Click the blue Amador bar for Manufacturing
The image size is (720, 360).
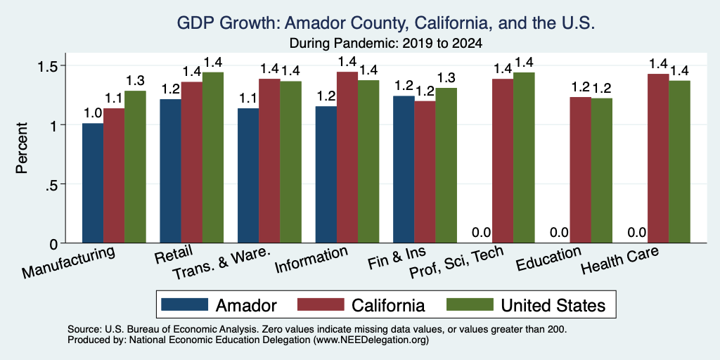pos(93,183)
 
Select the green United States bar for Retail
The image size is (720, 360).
pos(213,157)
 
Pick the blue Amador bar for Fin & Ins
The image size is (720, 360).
pos(404,169)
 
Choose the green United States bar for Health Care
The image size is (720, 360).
pos(680,162)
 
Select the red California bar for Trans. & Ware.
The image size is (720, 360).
pos(269,161)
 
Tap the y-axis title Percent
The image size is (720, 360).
pos(22,148)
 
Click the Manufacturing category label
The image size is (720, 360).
pos(68,262)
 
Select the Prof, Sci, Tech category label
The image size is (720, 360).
pos(457,263)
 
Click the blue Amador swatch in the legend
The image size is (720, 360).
pos(185,304)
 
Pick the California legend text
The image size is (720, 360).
pos(388,305)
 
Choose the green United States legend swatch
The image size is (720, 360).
pos(470,304)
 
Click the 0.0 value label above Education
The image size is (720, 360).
pos(559,232)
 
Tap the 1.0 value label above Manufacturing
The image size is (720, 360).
pos(93,113)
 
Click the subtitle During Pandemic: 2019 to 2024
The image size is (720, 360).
pos(386,44)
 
